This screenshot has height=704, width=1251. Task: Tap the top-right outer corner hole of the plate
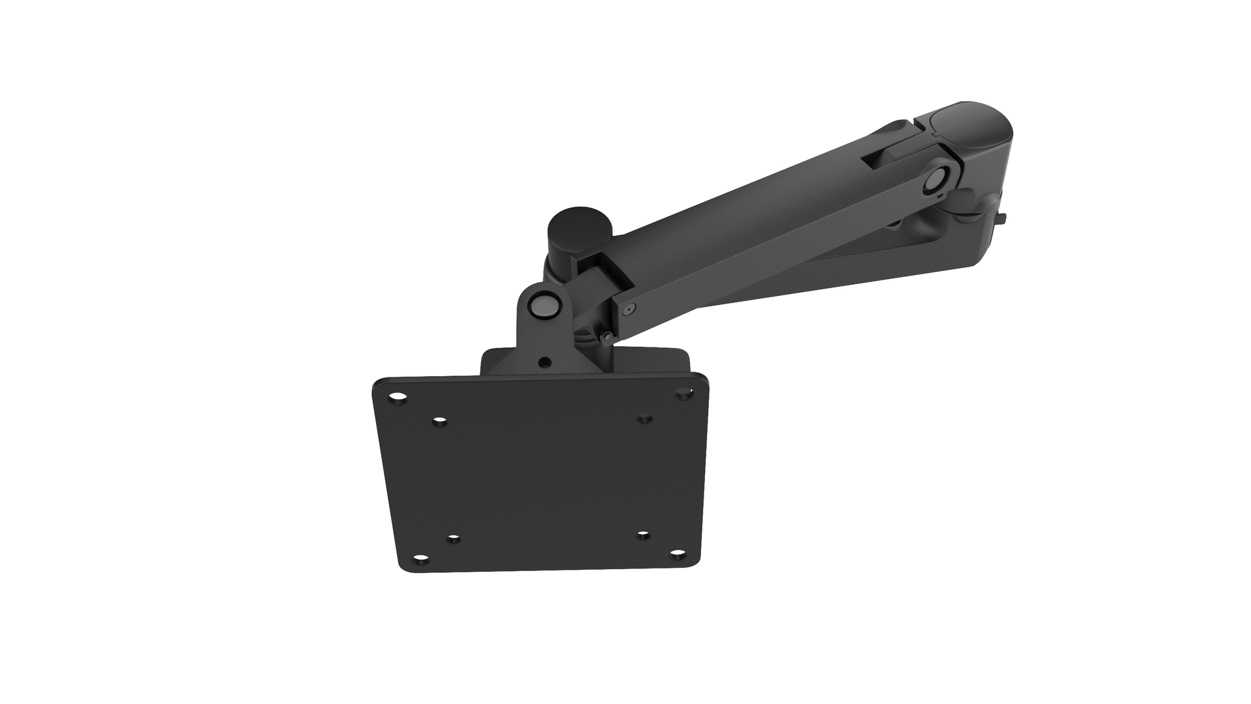683,394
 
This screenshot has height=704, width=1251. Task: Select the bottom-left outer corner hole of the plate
422,559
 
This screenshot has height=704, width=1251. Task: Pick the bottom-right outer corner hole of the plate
678,553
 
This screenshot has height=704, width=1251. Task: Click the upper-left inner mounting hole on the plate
440,422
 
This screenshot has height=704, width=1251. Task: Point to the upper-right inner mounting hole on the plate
644,418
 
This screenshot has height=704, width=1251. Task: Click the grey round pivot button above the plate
545,304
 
